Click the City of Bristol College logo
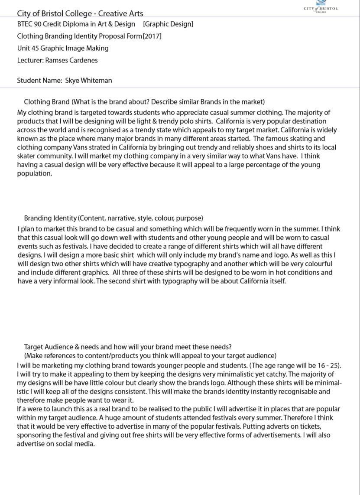click(x=321, y=6)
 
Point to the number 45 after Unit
click(x=35, y=48)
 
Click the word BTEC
click(x=25, y=24)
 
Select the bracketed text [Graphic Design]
click(x=168, y=24)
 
